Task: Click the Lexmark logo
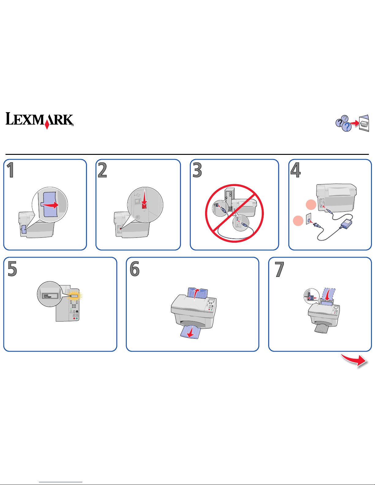click(x=40, y=120)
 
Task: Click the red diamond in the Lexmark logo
click(x=47, y=125)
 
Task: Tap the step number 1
click(x=11, y=170)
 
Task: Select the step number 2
click(x=103, y=170)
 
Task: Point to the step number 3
click(x=197, y=170)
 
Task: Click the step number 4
click(x=295, y=170)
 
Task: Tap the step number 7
click(x=279, y=269)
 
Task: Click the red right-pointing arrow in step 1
click(x=51, y=205)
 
